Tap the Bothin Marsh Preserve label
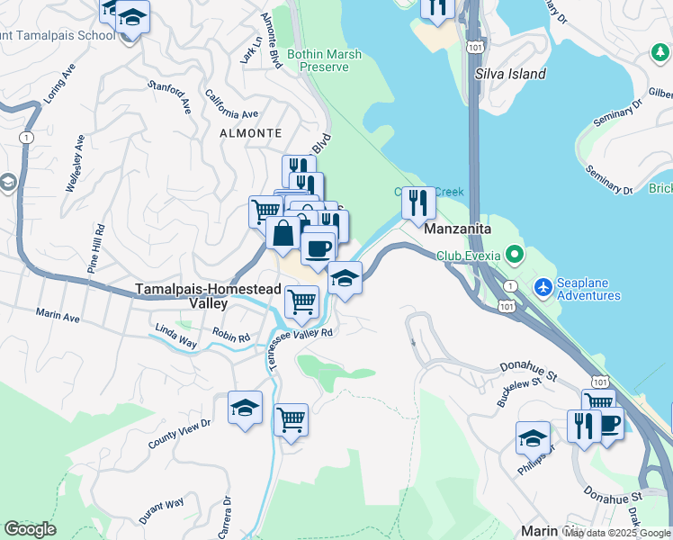point(324,60)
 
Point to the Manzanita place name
point(457,229)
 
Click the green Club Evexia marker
point(514,255)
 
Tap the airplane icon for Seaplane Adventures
point(543,287)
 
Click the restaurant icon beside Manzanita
point(418,202)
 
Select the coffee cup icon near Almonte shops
point(318,247)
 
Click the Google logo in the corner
point(30,529)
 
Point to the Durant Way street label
point(161,510)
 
